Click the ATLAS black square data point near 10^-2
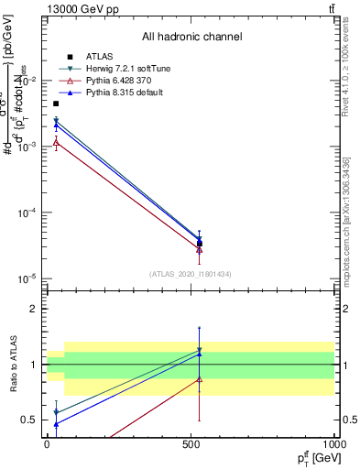point(56,104)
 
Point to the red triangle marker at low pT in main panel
point(56,142)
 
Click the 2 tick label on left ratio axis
point(34,309)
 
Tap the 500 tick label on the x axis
point(191,443)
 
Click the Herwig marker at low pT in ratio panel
point(56,412)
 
